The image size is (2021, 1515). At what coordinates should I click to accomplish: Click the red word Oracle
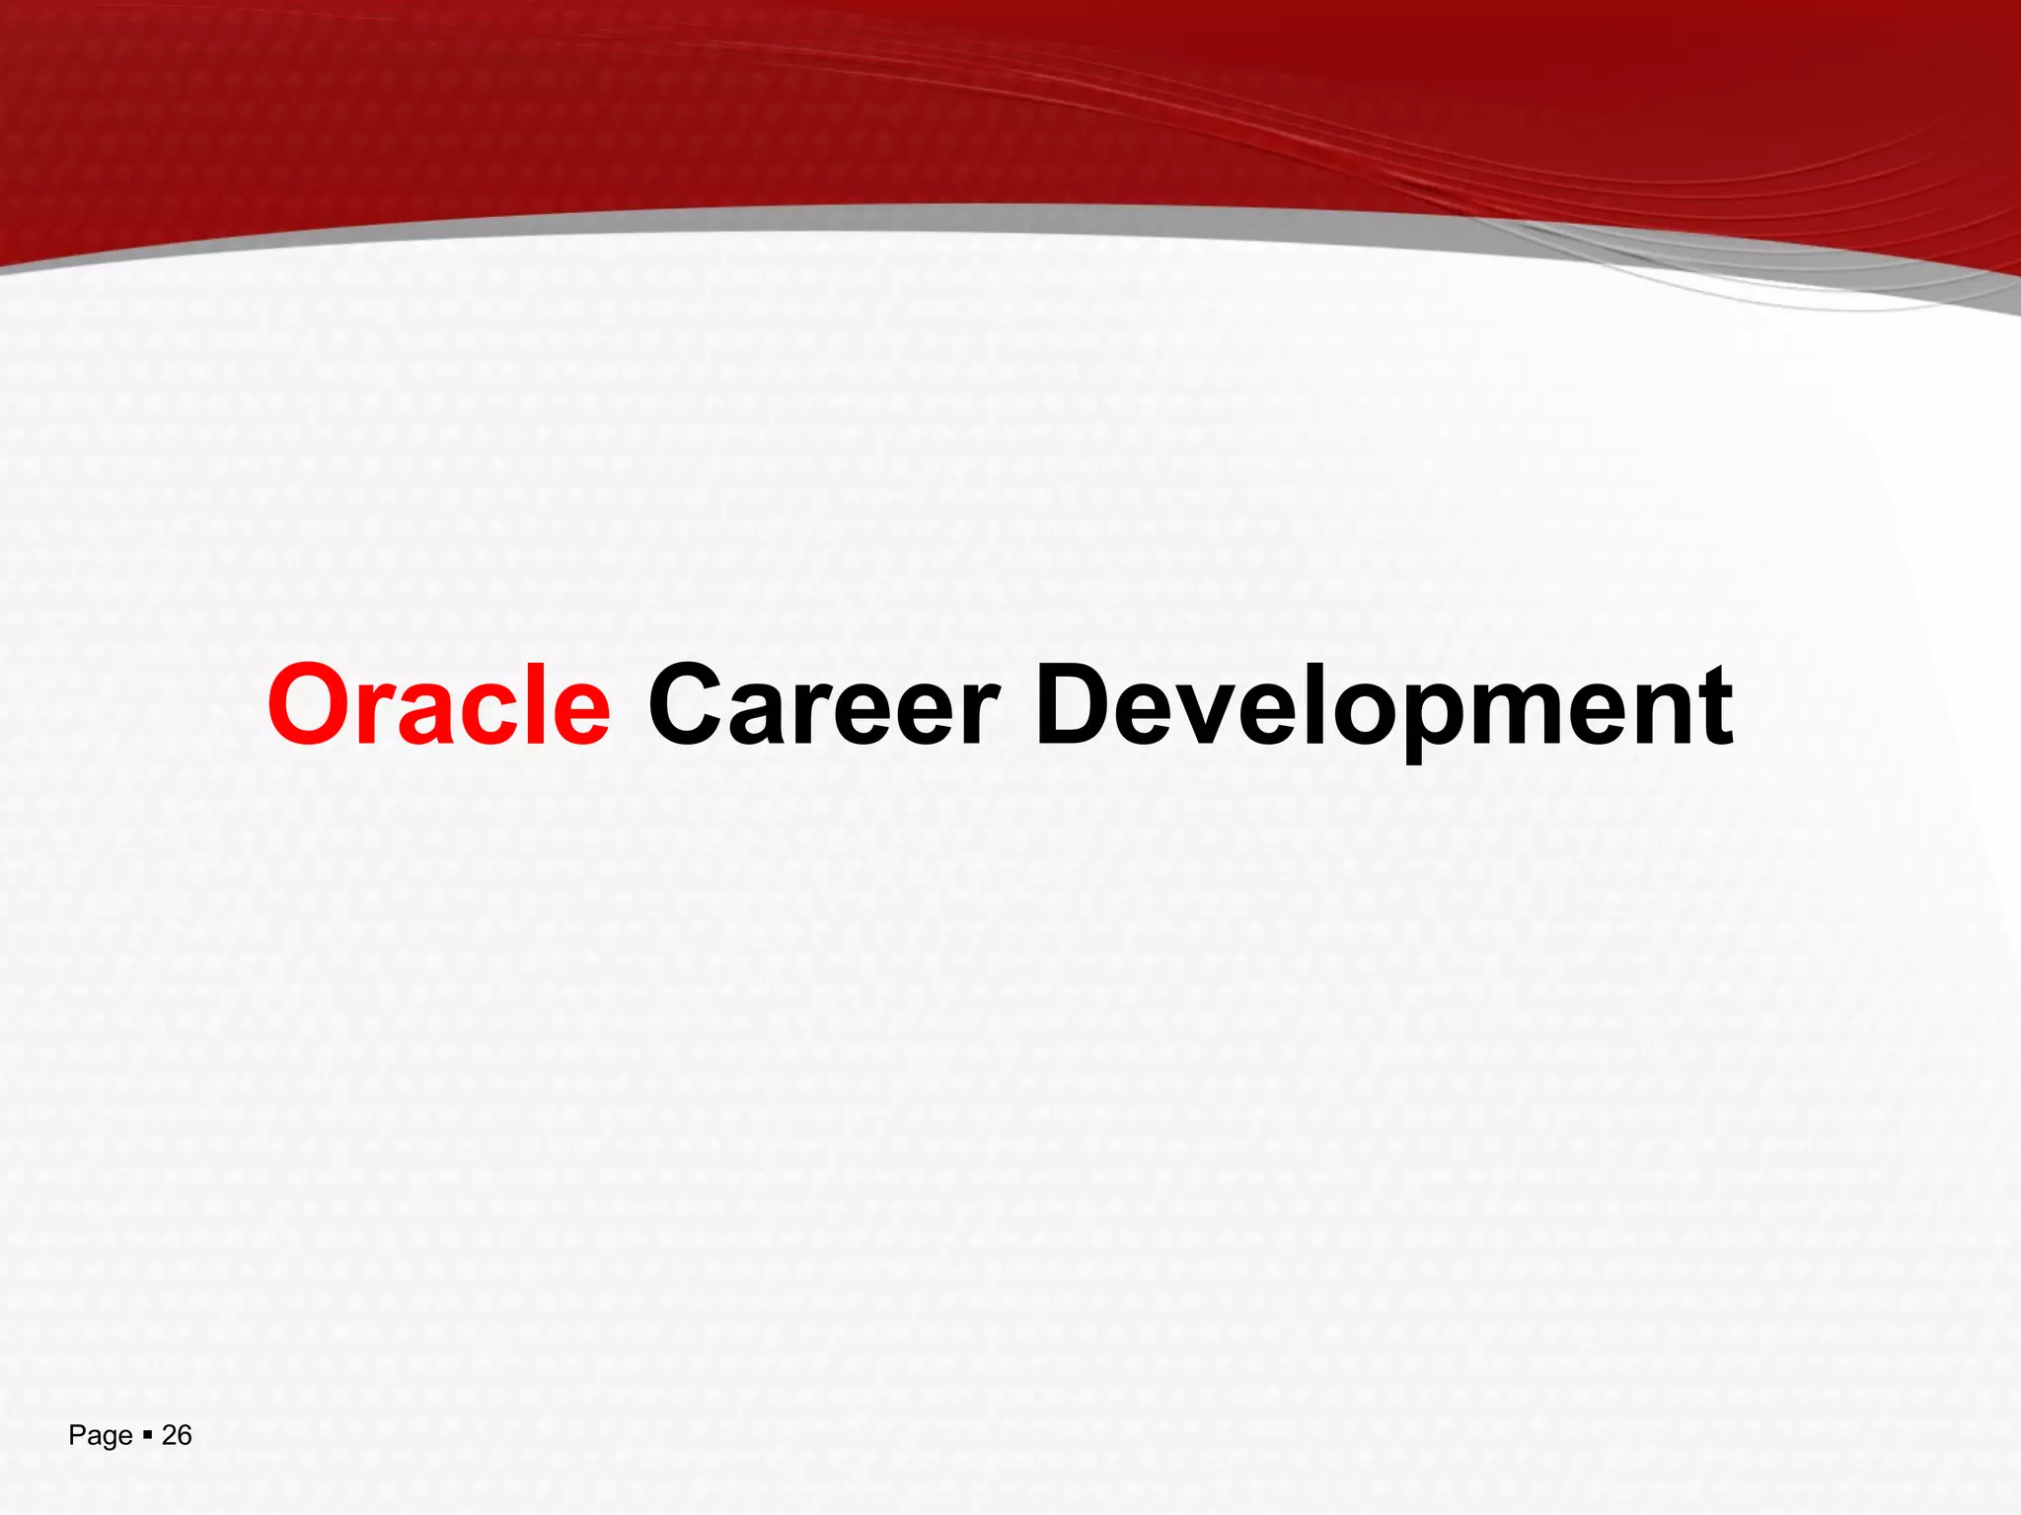tap(439, 705)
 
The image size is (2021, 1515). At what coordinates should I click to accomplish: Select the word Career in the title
tap(824, 705)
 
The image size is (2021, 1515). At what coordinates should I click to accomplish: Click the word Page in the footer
tap(100, 1436)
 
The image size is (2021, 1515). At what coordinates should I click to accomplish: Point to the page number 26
tap(177, 1435)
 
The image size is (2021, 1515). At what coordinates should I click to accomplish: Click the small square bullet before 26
tap(147, 1435)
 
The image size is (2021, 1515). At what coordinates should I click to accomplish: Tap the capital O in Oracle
tap(308, 705)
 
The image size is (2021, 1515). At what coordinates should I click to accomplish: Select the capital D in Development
tap(1076, 705)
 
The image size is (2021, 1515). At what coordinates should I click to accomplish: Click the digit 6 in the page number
tap(185, 1435)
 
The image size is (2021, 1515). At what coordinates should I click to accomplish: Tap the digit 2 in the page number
tap(169, 1435)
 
